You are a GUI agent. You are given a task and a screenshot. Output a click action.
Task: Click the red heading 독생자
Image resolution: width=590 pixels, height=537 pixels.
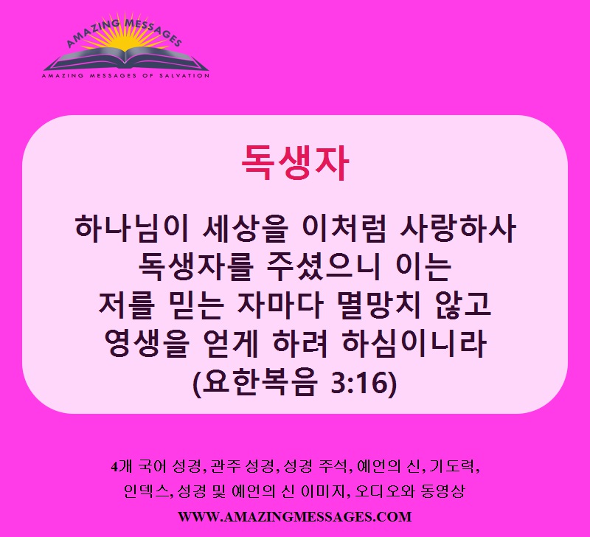(295, 162)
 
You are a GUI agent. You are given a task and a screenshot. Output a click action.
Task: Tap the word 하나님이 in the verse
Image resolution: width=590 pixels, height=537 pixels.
(132, 228)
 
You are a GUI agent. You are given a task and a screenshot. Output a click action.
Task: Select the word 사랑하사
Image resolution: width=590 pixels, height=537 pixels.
(457, 228)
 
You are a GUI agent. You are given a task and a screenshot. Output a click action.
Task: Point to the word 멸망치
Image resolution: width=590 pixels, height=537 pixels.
(379, 305)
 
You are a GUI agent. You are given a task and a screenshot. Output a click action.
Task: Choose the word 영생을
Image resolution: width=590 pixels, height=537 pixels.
(146, 344)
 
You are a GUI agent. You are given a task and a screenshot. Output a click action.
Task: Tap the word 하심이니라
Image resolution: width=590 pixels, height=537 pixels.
(414, 344)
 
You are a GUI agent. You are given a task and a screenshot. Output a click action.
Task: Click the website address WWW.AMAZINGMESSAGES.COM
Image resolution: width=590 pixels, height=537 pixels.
(294, 516)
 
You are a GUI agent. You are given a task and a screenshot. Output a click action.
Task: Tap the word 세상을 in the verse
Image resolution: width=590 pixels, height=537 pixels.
(245, 228)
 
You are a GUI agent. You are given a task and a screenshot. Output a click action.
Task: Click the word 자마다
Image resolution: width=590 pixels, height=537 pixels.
(280, 305)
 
